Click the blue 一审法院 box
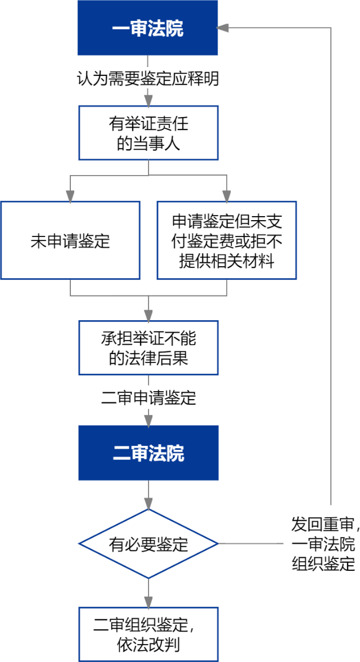[x=147, y=28]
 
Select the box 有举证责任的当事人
[x=148, y=133]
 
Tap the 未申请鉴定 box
[x=70, y=241]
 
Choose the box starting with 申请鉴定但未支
[x=227, y=241]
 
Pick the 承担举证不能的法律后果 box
[x=148, y=348]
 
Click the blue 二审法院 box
[x=148, y=453]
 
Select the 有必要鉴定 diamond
[x=148, y=544]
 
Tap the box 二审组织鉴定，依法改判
[x=148, y=634]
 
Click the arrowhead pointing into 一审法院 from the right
[x=223, y=28]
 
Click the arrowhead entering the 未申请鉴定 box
[x=70, y=195]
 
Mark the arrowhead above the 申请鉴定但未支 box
[x=227, y=195]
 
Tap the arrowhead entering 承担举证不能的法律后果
[x=148, y=315]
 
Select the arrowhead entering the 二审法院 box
[x=148, y=419]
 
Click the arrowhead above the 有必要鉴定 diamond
[x=148, y=503]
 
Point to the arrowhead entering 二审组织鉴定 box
[x=148, y=601]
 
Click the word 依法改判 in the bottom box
[x=148, y=645]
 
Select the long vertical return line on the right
[x=331, y=265]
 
